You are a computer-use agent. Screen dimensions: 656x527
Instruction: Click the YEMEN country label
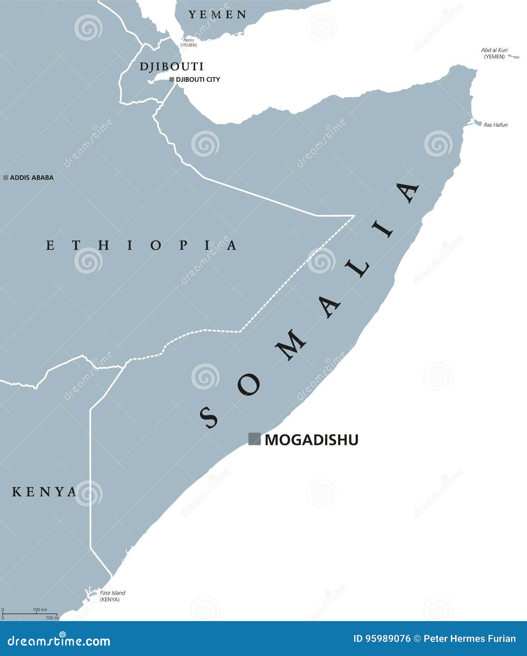tap(217, 15)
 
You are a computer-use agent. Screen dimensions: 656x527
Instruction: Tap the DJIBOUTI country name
tap(172, 66)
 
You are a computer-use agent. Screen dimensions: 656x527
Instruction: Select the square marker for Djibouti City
tap(172, 80)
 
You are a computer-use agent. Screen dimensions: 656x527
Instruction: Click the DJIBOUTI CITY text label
tap(198, 80)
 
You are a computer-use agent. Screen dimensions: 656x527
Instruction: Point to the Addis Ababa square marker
tap(6, 177)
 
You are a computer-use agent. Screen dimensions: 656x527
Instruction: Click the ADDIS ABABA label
tap(31, 177)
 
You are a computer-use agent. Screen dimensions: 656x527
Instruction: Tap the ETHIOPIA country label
tap(141, 245)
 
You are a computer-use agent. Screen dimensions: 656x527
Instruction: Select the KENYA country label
tap(44, 492)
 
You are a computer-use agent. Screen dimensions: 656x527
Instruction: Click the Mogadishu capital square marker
tap(254, 439)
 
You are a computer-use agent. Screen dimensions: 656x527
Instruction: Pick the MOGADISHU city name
tap(311, 440)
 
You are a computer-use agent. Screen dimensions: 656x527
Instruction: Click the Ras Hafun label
tap(496, 125)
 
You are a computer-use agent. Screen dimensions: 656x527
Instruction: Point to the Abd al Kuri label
tap(494, 50)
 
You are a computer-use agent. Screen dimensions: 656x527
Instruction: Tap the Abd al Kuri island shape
tap(513, 57)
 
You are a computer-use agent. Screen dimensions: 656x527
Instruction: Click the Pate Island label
tap(112, 593)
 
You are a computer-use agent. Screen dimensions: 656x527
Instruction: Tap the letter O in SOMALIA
tap(248, 384)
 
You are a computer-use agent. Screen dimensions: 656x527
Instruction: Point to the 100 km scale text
tap(40, 609)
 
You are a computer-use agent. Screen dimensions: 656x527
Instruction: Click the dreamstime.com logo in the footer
tap(59, 641)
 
